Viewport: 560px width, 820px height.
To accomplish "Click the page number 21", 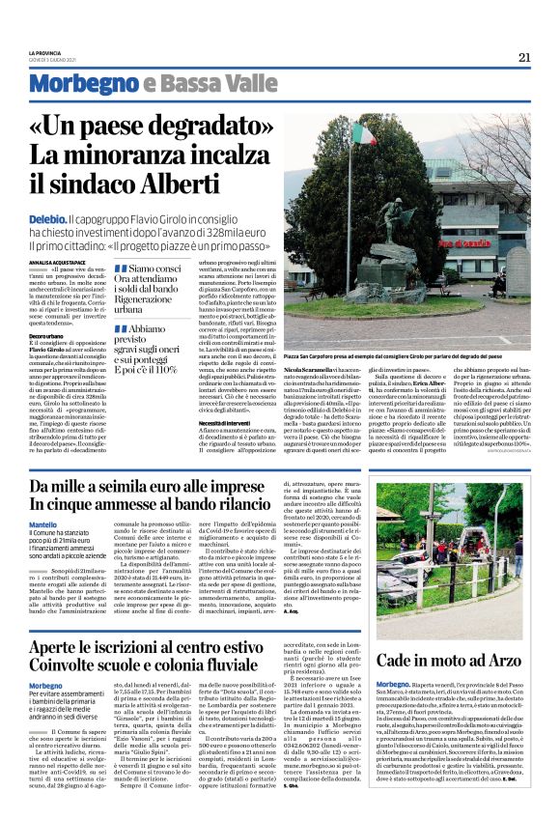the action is click(x=524, y=57).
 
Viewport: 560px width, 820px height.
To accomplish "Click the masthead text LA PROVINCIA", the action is click(x=45, y=51).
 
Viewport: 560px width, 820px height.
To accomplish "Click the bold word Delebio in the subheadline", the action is click(x=46, y=220).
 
